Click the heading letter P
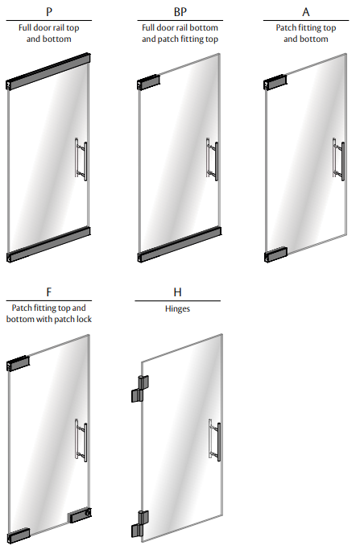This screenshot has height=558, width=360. [x=49, y=12]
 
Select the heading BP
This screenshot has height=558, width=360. [x=180, y=12]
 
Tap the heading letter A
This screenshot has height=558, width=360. [x=306, y=12]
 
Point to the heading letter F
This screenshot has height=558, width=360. [x=49, y=292]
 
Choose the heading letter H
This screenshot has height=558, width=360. [x=177, y=292]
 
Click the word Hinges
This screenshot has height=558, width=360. [x=177, y=308]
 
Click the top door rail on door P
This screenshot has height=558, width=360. [x=48, y=72]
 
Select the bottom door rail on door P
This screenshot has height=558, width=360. [x=48, y=245]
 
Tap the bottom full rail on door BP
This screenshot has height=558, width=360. [x=180, y=245]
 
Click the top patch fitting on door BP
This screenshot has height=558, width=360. [x=148, y=82]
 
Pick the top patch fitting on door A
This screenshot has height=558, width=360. [x=275, y=82]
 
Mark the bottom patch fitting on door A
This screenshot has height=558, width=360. [x=275, y=254]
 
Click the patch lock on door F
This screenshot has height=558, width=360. [x=80, y=515]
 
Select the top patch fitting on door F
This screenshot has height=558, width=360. [x=18, y=363]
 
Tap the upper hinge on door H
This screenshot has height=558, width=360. [x=140, y=389]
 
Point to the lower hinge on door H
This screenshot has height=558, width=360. [x=140, y=524]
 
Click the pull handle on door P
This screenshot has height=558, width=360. [x=81, y=159]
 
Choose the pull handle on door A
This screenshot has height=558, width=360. [x=338, y=159]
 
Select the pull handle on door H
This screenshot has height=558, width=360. [x=214, y=440]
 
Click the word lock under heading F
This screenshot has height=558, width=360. [x=84, y=319]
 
